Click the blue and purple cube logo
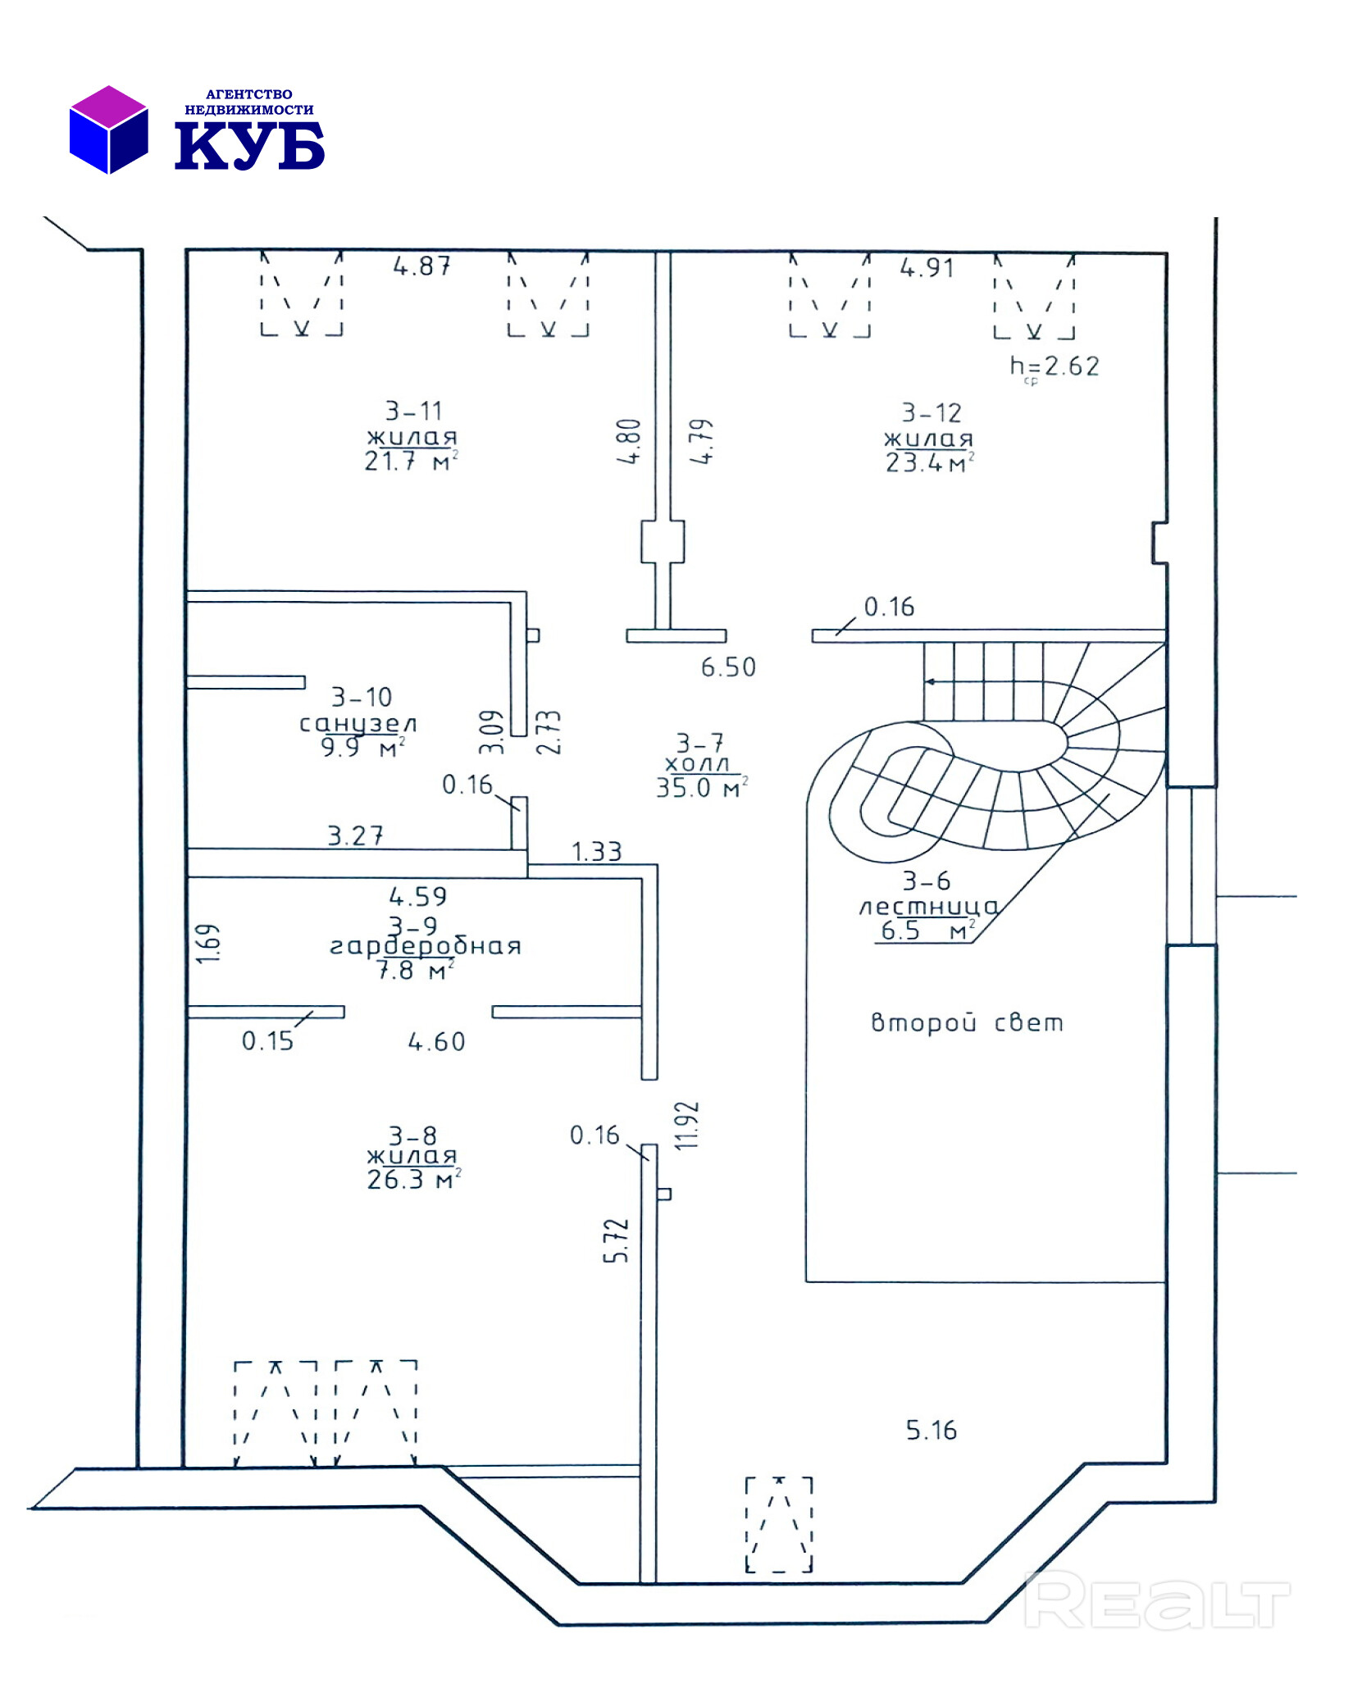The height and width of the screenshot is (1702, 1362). point(108,129)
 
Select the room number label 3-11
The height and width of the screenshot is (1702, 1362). point(413,410)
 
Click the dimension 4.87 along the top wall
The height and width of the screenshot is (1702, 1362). point(421,266)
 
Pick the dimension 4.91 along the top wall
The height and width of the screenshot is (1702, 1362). point(927,267)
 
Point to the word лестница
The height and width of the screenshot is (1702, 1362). point(927,906)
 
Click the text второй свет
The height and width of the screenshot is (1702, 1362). point(966,1022)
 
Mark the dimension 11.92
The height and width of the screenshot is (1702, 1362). point(686,1125)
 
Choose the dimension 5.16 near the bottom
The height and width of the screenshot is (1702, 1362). point(931,1430)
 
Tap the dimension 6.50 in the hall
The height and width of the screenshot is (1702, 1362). point(727,667)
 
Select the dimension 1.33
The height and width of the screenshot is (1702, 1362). point(596,851)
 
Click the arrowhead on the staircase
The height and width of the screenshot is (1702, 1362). point(929,681)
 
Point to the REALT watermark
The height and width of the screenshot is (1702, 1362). point(1156,1600)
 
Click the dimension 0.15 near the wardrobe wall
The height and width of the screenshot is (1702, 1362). point(267,1040)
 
